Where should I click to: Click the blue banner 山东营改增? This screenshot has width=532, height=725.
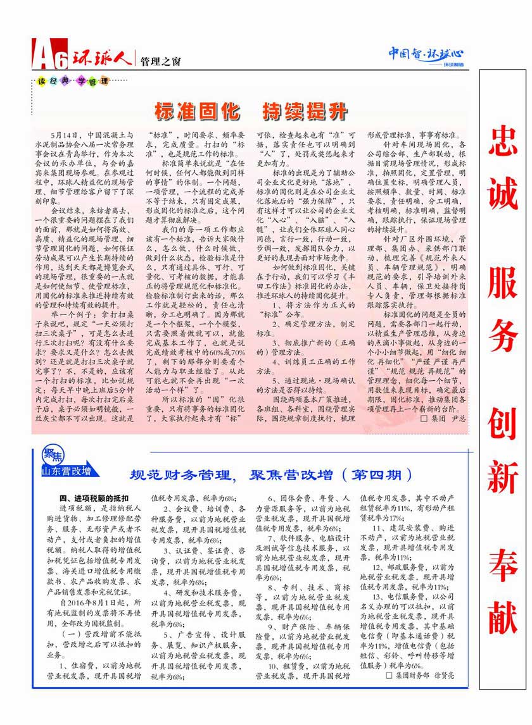[66, 471]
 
